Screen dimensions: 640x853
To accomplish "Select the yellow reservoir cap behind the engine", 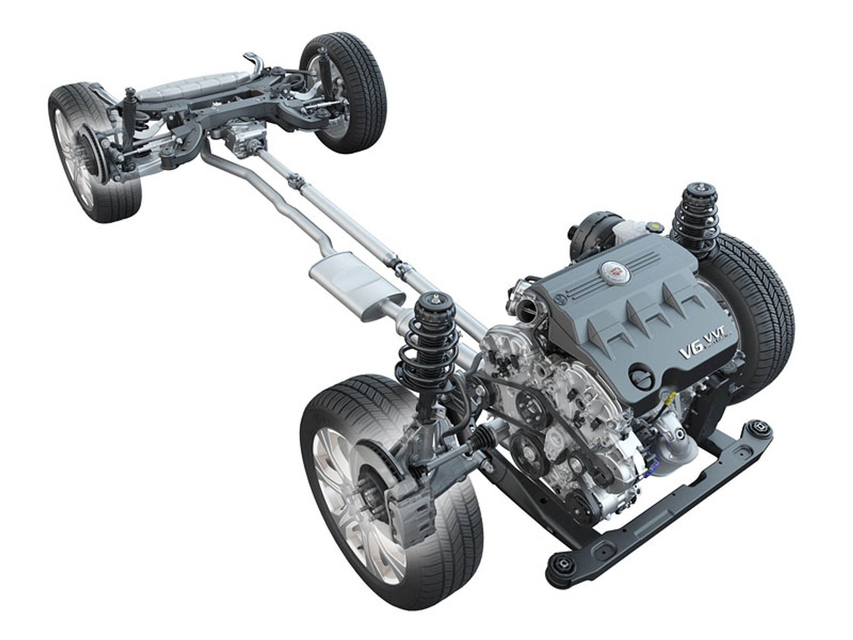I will (x=656, y=225).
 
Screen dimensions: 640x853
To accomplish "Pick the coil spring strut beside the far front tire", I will (x=694, y=218).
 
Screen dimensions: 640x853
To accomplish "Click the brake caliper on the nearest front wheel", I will (x=411, y=517).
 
